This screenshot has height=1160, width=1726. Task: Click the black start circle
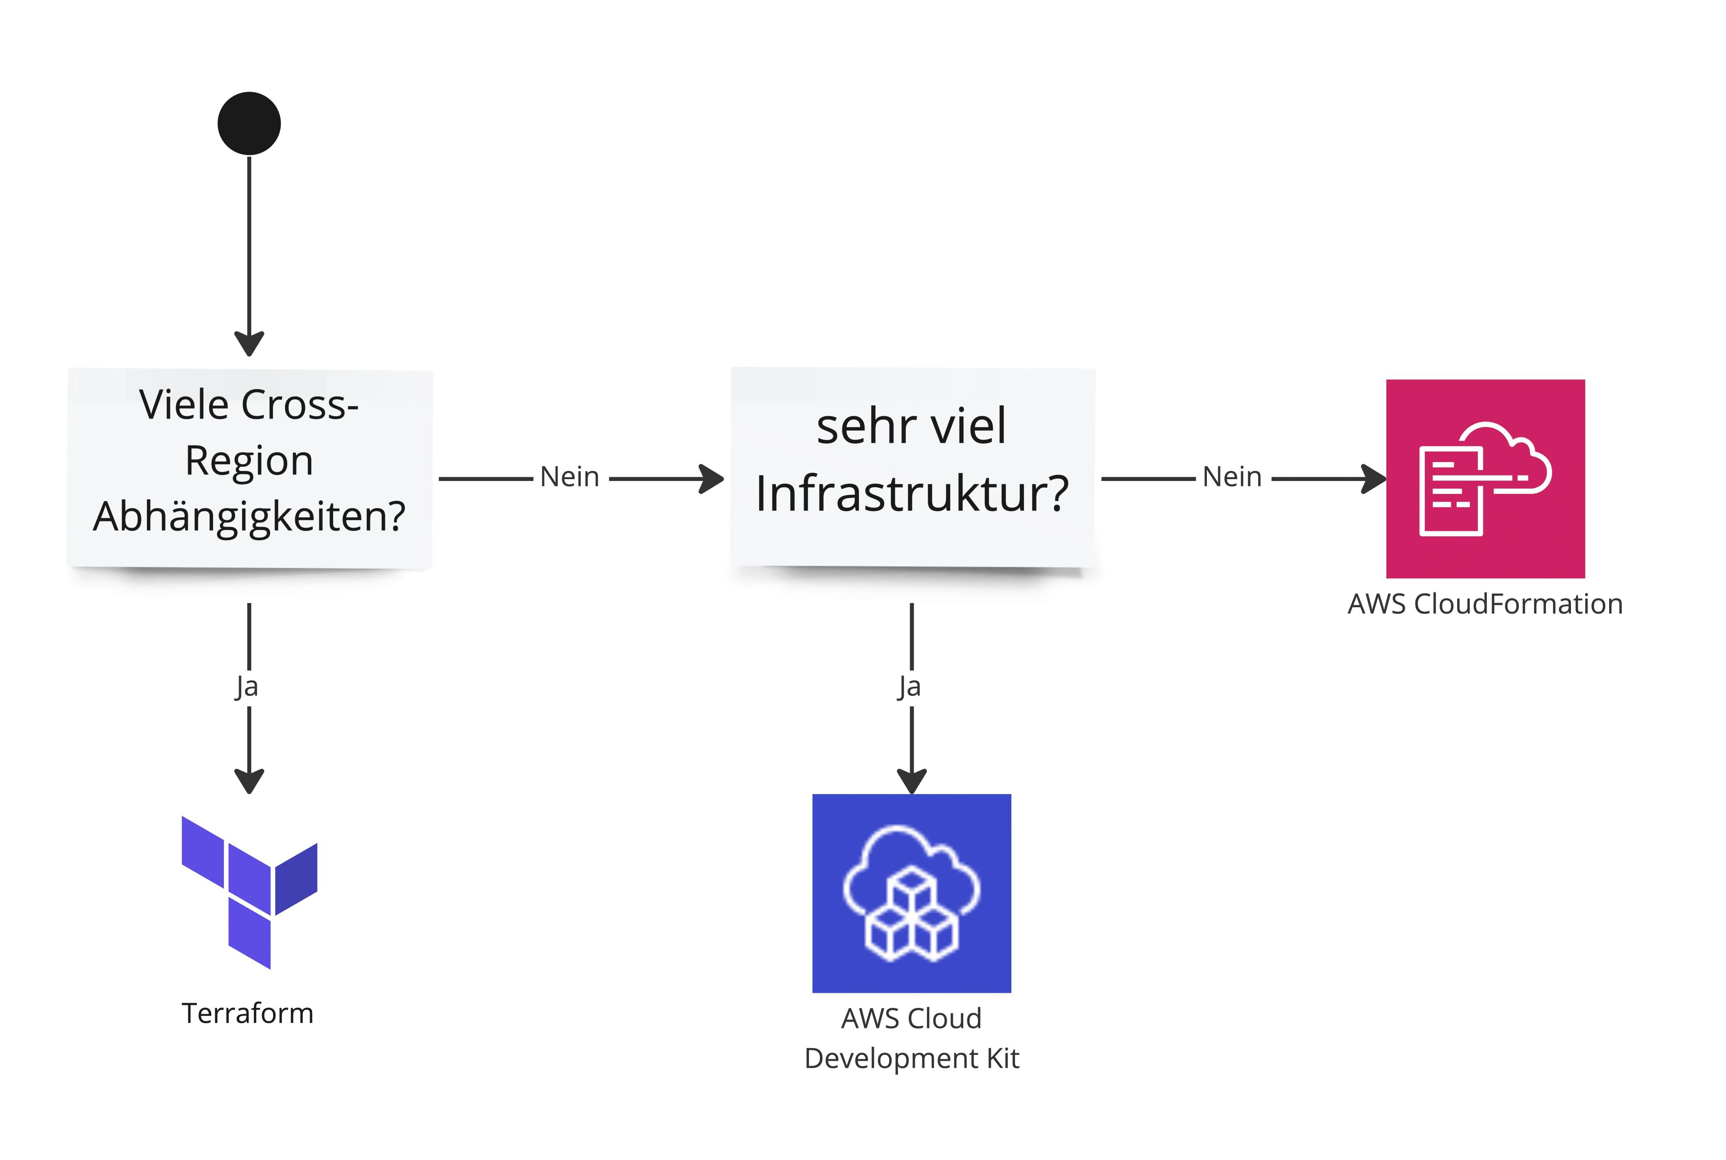pos(249,124)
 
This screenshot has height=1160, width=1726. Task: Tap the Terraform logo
pos(249,892)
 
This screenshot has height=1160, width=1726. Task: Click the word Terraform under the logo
pos(248,1013)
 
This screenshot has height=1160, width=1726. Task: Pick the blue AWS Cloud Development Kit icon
pos(912,893)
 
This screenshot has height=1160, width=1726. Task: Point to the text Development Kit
pos(912,1058)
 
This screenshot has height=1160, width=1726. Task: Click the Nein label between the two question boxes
pos(569,477)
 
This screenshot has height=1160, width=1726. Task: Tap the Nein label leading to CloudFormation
pos(1232,477)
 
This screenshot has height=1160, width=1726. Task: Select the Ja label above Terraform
pos(246,687)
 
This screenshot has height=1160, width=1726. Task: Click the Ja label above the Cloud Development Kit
pos(909,687)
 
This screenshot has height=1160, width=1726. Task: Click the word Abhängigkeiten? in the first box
pos(249,516)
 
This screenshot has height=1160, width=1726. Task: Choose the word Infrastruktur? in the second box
pos(912,493)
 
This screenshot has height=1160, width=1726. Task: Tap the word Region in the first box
pos(249,461)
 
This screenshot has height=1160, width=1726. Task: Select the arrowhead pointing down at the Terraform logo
pos(249,781)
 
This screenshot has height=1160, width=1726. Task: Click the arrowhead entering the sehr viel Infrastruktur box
pos(712,479)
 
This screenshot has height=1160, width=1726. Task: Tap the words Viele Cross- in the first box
pos(249,404)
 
